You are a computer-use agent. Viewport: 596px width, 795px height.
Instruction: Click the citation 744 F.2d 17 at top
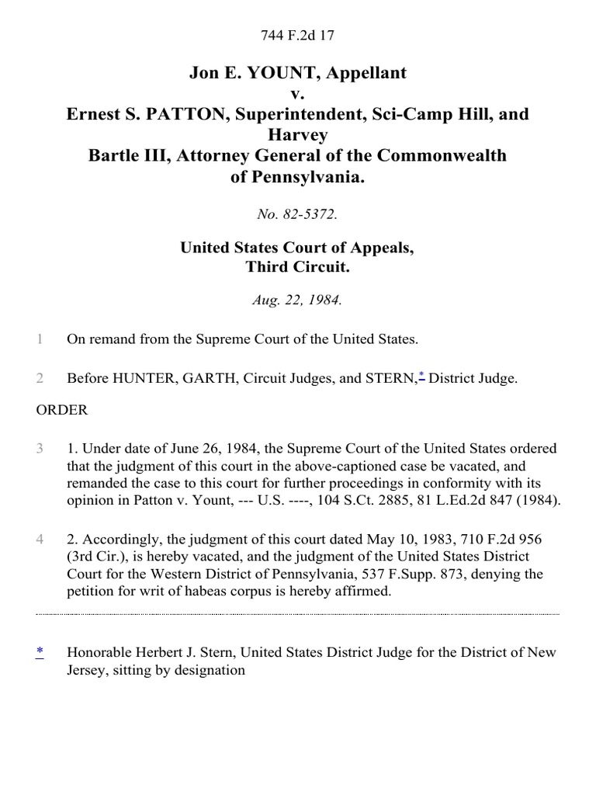point(298,34)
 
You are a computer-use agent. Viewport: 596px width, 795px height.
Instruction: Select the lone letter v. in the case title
point(298,94)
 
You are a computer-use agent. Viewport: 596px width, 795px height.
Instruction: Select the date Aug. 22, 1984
point(298,300)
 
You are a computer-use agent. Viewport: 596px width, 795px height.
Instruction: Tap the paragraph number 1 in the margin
point(40,339)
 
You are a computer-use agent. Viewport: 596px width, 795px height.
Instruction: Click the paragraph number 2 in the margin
point(40,379)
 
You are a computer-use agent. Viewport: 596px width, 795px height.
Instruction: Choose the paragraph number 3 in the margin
point(40,450)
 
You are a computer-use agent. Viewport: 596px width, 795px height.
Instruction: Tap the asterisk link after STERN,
point(421,376)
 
